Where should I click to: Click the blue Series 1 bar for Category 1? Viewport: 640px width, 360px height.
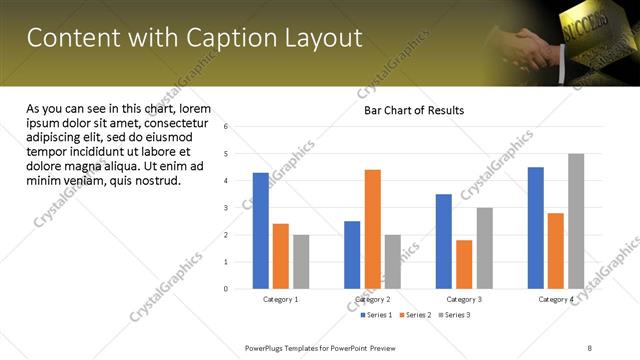coord(261,231)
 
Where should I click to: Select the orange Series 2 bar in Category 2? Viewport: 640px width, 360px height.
coord(372,229)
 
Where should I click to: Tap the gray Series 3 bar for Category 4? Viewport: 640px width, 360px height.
coord(576,221)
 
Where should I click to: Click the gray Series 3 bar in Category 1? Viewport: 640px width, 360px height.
coord(301,262)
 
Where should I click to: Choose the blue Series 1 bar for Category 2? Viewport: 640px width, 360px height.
coord(352,255)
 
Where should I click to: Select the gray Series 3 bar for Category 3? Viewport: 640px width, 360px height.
coord(484,248)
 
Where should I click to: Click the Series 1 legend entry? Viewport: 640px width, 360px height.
coord(376,315)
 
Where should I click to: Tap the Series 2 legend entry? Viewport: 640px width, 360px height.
coord(416,315)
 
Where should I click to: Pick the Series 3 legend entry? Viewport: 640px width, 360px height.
coord(455,315)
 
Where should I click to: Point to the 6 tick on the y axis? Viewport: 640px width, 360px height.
coord(227,127)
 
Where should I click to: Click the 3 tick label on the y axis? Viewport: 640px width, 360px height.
coord(227,208)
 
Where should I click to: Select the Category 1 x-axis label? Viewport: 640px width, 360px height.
coord(281,299)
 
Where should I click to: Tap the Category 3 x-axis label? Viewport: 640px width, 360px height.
coord(464,299)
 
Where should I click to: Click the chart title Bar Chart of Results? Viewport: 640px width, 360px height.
coord(413,110)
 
